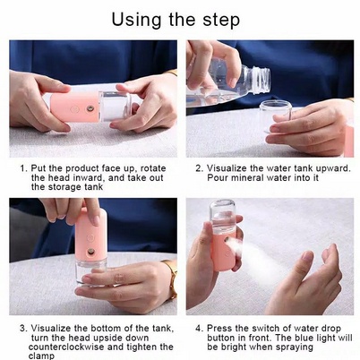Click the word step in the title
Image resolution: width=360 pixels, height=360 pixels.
pyautogui.click(x=221, y=21)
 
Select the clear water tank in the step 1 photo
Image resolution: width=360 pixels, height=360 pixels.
pyautogui.click(x=115, y=106)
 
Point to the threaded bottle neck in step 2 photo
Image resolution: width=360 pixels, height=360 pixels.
pyautogui.click(x=260, y=80)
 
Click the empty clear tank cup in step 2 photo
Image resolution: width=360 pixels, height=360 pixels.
pyautogui.click(x=274, y=116)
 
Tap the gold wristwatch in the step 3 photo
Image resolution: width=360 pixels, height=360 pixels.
pyautogui.click(x=172, y=279)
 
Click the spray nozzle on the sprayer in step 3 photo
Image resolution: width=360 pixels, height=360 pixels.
pyautogui.click(x=90, y=253)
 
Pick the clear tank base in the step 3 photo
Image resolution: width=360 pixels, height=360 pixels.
pyautogui.click(x=90, y=272)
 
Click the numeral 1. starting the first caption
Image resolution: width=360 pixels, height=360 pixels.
pyautogui.click(x=23, y=168)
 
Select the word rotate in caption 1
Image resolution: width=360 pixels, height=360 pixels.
pyautogui.click(x=153, y=168)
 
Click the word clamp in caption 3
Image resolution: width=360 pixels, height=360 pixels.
pyautogui.click(x=41, y=356)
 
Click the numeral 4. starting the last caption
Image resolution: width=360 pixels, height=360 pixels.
pyautogui.click(x=200, y=329)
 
